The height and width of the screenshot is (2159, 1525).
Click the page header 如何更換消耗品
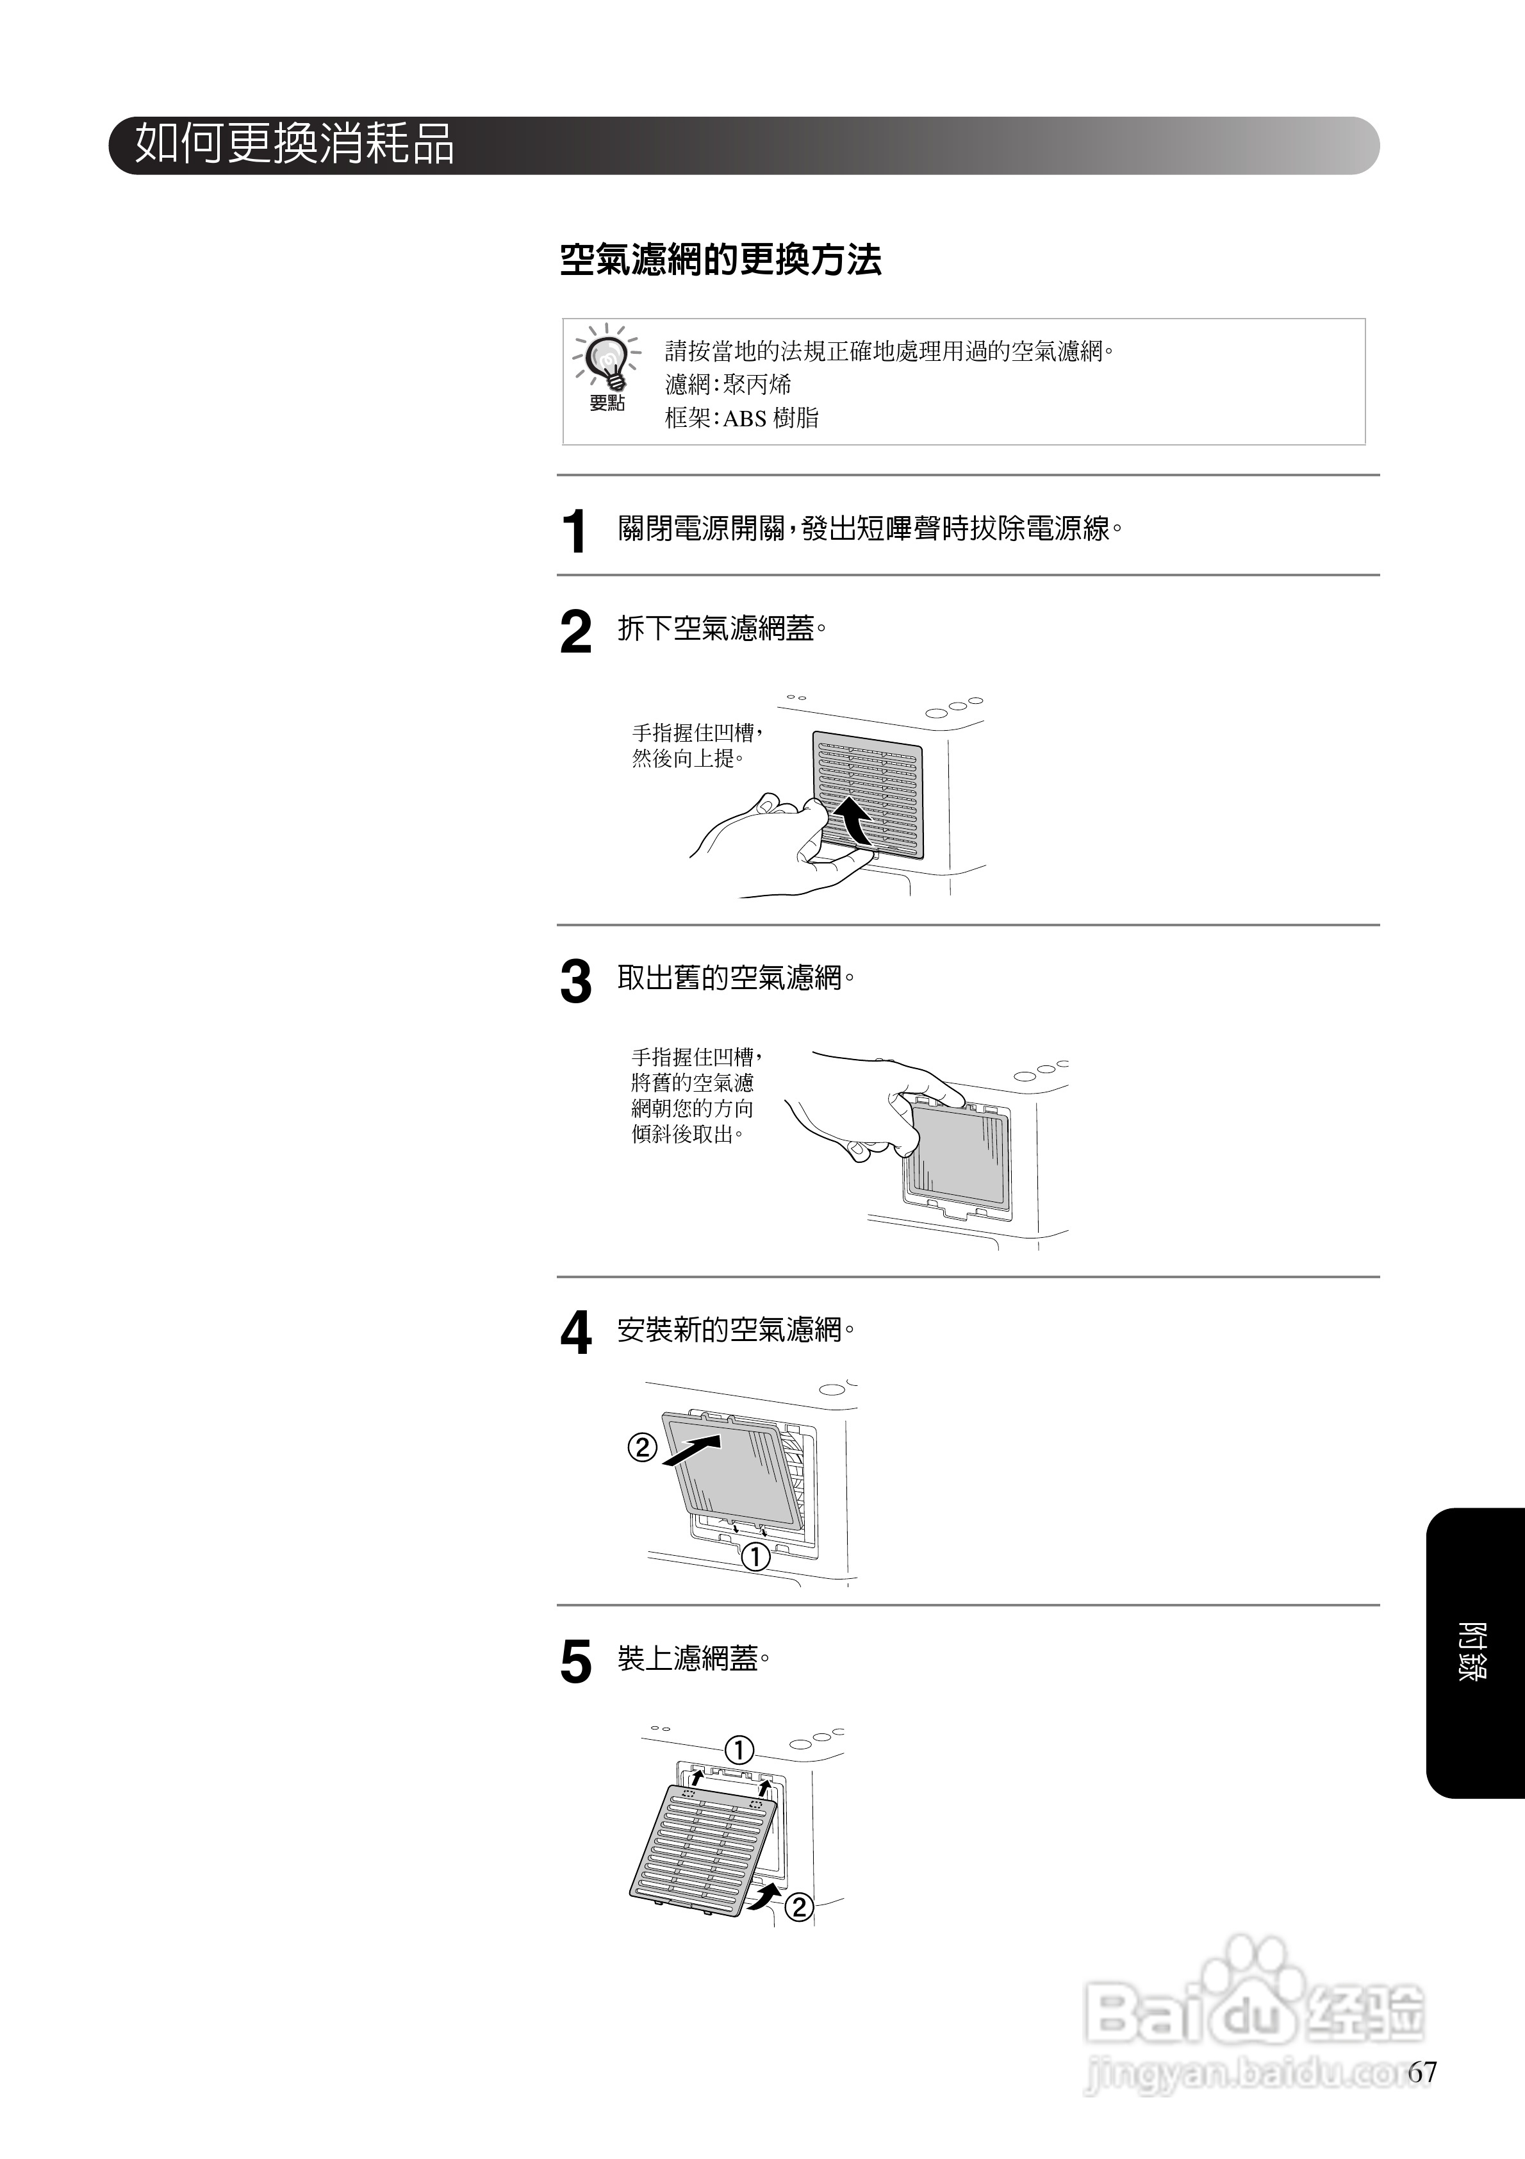point(294,145)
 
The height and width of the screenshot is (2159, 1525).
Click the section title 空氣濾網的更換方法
point(720,260)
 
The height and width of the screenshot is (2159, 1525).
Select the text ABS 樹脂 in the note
point(770,419)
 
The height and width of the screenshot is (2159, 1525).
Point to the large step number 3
point(575,983)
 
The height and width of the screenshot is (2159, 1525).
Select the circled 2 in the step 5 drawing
point(798,1908)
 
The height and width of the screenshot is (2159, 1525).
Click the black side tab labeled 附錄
point(1473,1652)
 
